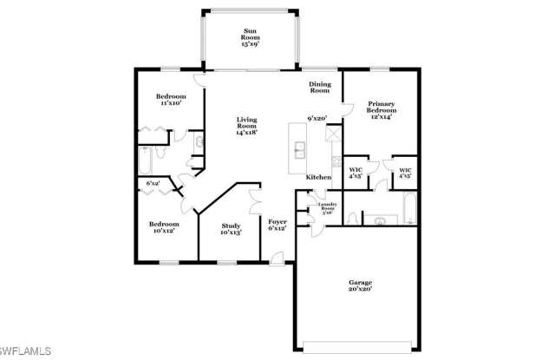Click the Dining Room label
tap(320, 87)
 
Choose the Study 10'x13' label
tap(230, 229)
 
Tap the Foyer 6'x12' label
tap(277, 226)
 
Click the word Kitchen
tap(318, 177)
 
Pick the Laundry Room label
tap(327, 207)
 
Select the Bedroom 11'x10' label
tap(171, 100)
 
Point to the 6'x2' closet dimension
tap(153, 184)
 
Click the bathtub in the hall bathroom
tap(145, 161)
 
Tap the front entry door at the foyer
tap(277, 258)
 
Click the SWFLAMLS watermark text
tap(27, 351)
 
